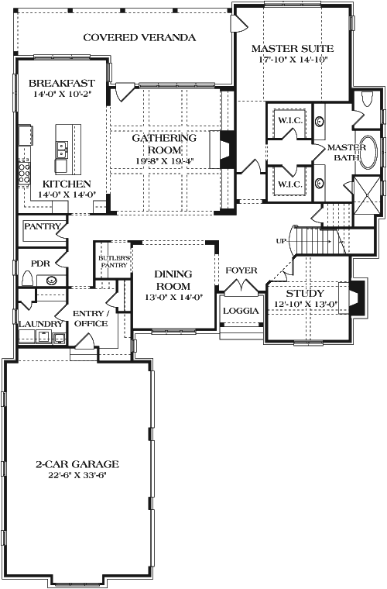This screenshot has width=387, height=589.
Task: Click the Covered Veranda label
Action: (139, 37)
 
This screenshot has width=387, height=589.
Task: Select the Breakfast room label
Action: (61, 83)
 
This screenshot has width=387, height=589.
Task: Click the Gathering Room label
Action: (163, 143)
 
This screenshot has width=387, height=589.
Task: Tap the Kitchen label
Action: (61, 183)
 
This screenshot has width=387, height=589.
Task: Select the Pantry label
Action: (41, 226)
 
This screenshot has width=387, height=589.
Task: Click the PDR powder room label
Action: (40, 263)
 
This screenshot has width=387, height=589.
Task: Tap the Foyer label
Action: (241, 270)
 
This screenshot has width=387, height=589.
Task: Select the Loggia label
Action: (240, 310)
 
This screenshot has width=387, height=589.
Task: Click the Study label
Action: (305, 294)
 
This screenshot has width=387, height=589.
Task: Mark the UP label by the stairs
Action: (282, 241)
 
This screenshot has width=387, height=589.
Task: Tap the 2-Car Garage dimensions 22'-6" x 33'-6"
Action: (76, 475)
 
